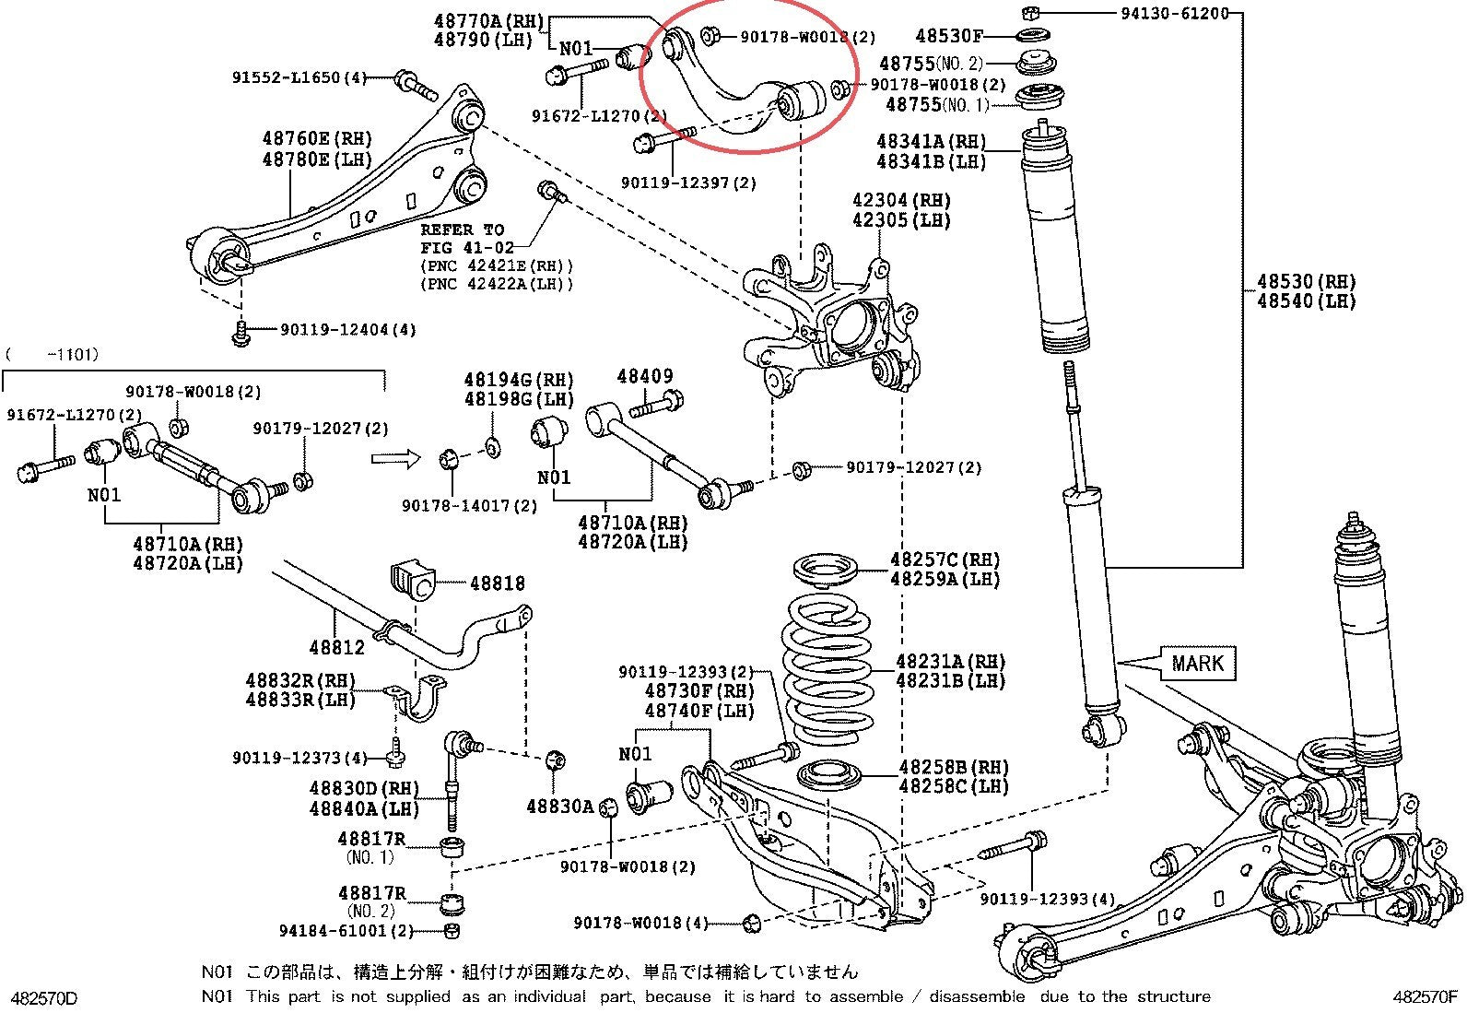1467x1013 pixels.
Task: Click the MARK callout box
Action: click(x=1198, y=663)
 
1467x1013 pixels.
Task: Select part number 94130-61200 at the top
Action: click(x=1175, y=13)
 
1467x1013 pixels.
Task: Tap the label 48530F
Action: click(x=949, y=35)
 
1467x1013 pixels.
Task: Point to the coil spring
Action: click(x=827, y=669)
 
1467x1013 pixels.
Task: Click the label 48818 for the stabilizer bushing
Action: click(x=497, y=583)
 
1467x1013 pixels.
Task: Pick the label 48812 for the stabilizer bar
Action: click(x=336, y=647)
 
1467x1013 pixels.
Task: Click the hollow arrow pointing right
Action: click(x=395, y=458)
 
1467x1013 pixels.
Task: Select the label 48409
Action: click(x=645, y=376)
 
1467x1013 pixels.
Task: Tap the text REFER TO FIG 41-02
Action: click(x=466, y=239)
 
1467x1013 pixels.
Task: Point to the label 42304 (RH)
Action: click(x=901, y=200)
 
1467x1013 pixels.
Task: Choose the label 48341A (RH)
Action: click(x=932, y=141)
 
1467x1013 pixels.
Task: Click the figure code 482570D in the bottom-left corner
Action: click(x=44, y=998)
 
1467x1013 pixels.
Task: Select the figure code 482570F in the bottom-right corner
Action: click(x=1426, y=996)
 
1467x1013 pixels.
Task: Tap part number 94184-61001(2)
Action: click(x=346, y=930)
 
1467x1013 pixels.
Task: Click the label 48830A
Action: click(x=560, y=807)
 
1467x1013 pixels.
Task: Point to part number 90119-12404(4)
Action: click(x=348, y=330)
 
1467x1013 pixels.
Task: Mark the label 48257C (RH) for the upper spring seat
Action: click(x=945, y=560)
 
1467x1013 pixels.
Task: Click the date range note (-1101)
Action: click(x=53, y=355)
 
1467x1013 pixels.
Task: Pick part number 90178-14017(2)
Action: click(x=470, y=506)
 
